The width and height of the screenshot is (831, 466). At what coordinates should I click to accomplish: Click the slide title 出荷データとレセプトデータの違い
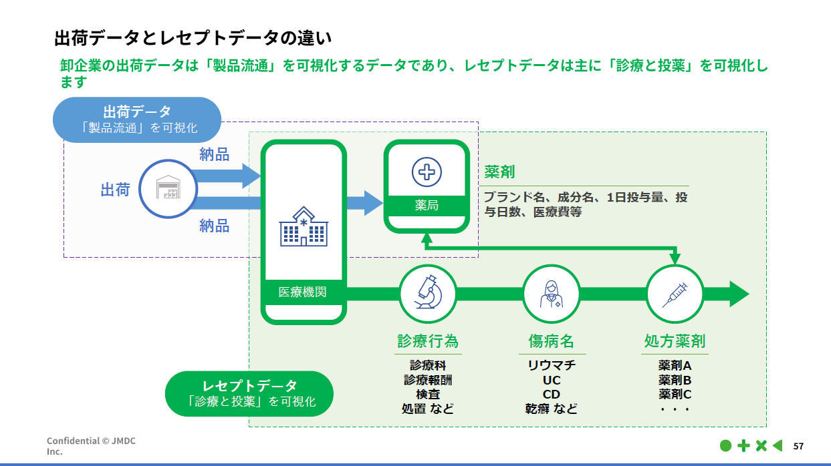tap(193, 37)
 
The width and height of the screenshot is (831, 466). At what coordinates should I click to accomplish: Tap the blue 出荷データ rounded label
tap(137, 120)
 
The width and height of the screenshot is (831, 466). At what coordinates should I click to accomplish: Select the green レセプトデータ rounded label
tap(249, 393)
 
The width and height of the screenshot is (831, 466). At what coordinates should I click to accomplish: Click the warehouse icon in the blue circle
tap(168, 189)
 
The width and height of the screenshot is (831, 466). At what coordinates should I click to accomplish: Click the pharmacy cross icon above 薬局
tap(426, 172)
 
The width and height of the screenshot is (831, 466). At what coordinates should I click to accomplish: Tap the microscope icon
tap(427, 294)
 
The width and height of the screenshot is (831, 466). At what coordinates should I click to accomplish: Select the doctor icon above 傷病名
tap(551, 294)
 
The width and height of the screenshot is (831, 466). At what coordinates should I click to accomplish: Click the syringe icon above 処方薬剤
tap(674, 294)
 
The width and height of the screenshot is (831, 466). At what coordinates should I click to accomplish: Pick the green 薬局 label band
tap(426, 205)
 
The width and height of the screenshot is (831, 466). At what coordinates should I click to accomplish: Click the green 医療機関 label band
tap(303, 292)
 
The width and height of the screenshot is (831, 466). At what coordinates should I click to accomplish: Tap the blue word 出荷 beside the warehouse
tap(115, 190)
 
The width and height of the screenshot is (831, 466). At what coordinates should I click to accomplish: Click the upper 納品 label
tap(214, 155)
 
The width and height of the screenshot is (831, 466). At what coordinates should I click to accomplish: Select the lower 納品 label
tap(214, 226)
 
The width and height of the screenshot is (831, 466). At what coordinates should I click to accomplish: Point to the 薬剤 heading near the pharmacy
tap(499, 172)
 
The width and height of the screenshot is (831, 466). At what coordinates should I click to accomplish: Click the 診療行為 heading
tap(428, 341)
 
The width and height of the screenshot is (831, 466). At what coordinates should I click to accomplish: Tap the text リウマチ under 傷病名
tap(551, 366)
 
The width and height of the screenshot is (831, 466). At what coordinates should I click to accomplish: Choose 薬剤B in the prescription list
tap(674, 380)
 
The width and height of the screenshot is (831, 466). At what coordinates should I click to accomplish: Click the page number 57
tap(798, 446)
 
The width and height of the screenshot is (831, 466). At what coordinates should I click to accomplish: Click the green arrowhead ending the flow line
tap(738, 294)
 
